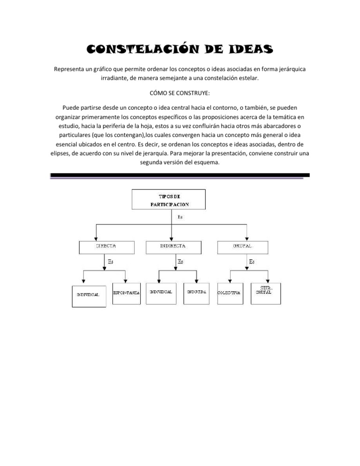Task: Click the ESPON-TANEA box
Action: pyautogui.click(x=127, y=294)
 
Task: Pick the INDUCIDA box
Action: pyautogui.click(x=196, y=293)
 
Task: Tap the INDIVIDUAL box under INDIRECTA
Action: pyautogui.click(x=160, y=293)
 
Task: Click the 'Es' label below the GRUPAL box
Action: pyautogui.click(x=252, y=262)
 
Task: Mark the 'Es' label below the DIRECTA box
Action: pyautogui.click(x=110, y=262)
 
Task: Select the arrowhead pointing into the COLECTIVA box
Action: pyautogui.click(x=228, y=281)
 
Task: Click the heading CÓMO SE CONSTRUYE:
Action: pyautogui.click(x=180, y=93)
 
